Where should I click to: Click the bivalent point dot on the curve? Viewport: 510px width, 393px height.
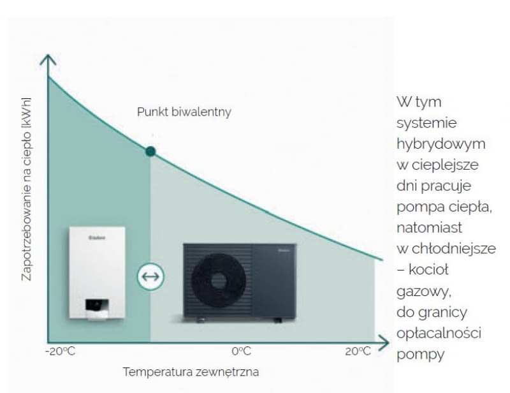(150, 151)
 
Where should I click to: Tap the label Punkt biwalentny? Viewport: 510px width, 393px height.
(184, 112)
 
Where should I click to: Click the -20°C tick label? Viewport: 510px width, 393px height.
(60, 352)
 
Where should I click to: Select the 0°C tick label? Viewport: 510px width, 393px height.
(241, 352)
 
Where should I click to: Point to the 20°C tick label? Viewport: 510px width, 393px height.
(358, 352)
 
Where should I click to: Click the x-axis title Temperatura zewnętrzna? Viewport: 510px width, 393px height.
(191, 371)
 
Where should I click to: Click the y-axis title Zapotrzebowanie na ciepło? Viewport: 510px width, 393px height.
(26, 189)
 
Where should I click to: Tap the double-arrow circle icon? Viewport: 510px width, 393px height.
(151, 277)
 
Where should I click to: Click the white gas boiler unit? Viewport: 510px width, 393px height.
(97, 272)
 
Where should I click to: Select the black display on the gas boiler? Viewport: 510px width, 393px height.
(97, 304)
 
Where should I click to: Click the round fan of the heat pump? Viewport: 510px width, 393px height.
(219, 280)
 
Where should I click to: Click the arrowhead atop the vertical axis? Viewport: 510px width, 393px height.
(48, 60)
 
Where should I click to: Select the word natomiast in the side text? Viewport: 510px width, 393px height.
(429, 227)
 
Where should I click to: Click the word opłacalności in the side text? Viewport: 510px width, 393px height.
(439, 333)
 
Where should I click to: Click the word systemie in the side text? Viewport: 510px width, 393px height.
(426, 122)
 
